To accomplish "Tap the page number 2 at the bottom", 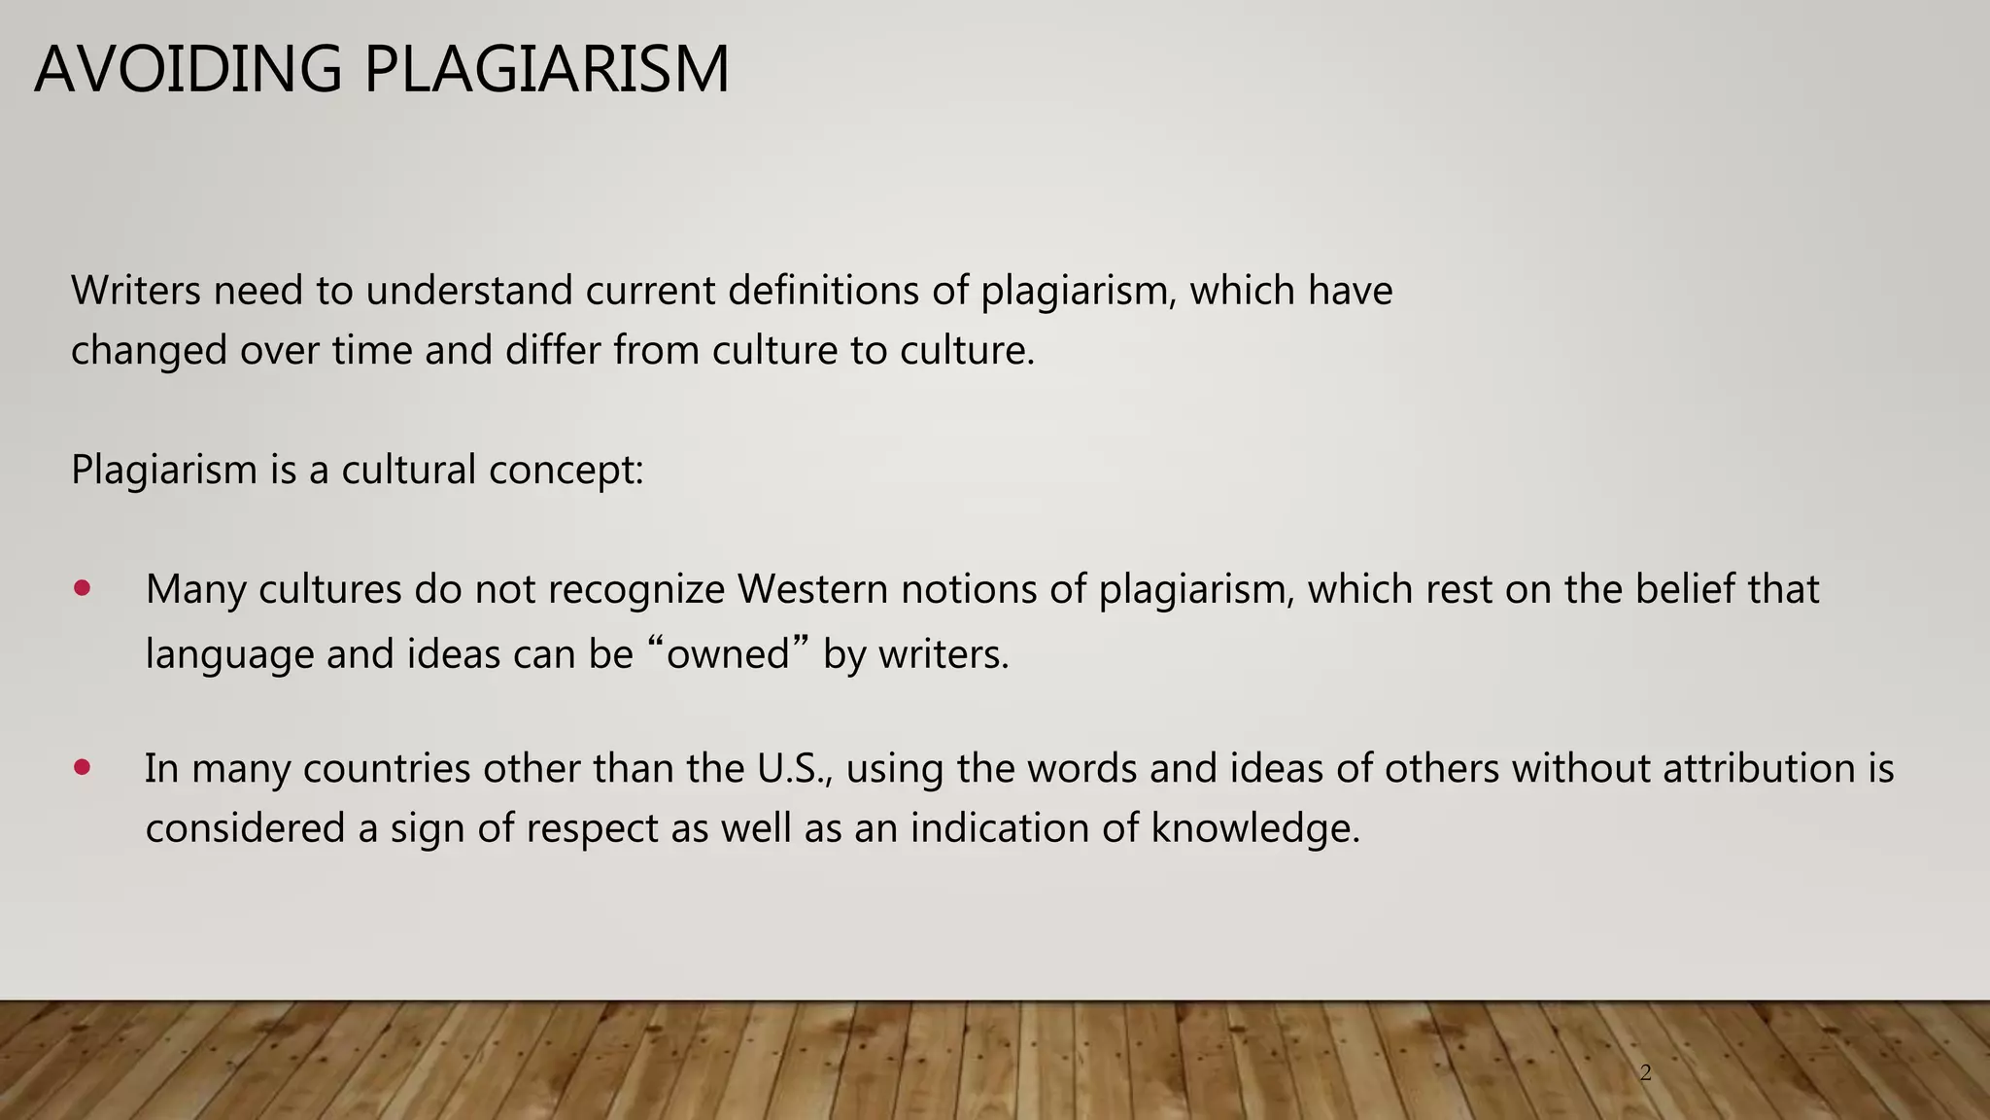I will [x=1645, y=1073].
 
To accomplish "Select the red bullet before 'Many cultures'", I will [x=82, y=588].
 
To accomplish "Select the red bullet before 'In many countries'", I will [x=82, y=767].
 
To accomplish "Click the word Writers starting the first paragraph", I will [x=135, y=291].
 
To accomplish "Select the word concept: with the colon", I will [x=566, y=471].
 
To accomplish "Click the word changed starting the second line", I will [x=149, y=351].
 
